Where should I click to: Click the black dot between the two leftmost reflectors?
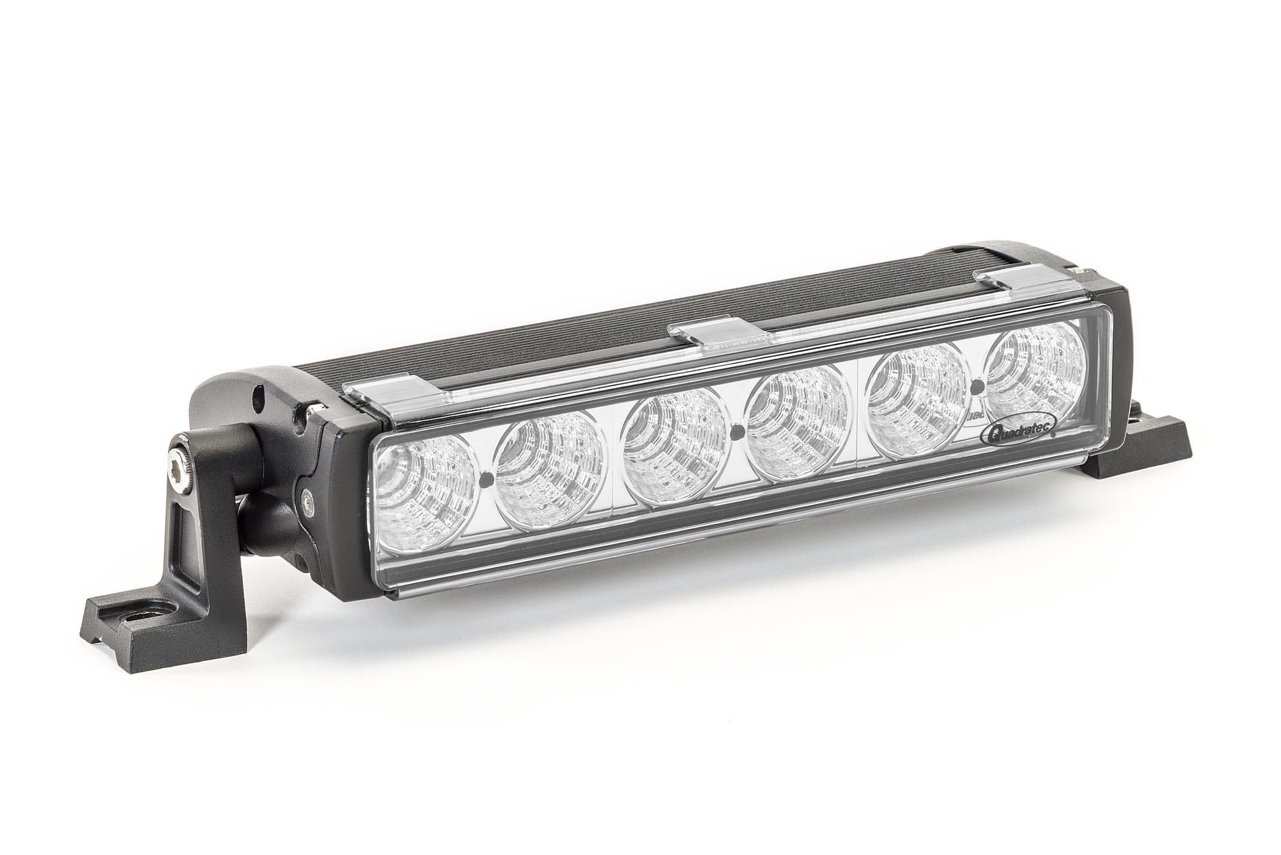[x=485, y=478]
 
